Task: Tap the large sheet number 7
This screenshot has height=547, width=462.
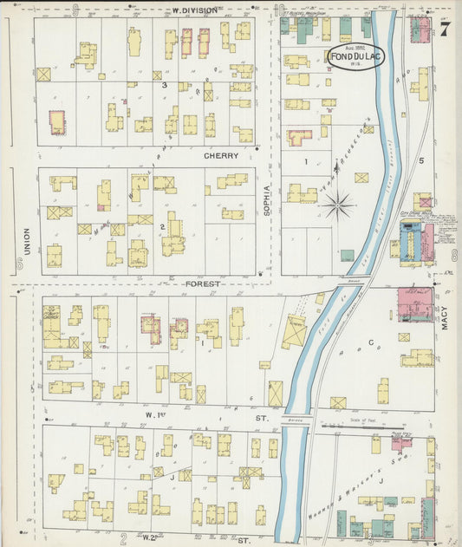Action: point(444,29)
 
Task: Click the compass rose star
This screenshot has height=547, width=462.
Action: point(338,205)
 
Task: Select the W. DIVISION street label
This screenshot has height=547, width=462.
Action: point(195,10)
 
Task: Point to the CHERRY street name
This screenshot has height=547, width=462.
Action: point(221,157)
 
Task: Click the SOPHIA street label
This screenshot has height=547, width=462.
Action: point(268,199)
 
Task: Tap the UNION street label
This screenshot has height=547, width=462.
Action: point(25,236)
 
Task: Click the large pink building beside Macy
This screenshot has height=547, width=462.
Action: point(414,304)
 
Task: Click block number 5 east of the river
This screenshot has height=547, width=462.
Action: point(421,160)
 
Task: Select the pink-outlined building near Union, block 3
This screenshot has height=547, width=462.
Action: point(57,121)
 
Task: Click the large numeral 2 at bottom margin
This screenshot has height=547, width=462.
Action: point(124,537)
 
